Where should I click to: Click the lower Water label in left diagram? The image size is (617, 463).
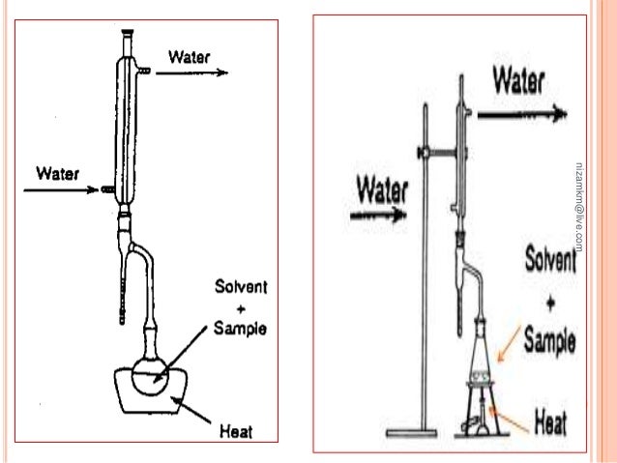[x=57, y=175]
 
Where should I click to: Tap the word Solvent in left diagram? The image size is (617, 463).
[x=242, y=288]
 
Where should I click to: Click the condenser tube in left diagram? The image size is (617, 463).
[x=125, y=126]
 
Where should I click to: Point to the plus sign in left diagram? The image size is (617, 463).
[x=242, y=308]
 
